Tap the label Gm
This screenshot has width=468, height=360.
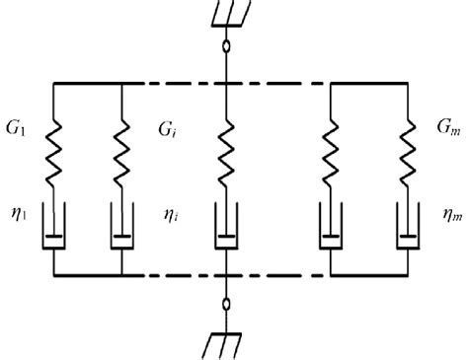[447, 128]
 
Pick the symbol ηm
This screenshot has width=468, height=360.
[446, 211]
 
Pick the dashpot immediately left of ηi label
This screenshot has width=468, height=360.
[120, 234]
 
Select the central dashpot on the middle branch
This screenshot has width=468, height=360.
[229, 234]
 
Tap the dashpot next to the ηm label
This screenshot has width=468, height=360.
[406, 234]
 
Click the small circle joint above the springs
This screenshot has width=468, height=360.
[229, 45]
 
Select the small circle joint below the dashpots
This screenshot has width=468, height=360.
[229, 305]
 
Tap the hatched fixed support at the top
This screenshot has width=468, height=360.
[229, 13]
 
